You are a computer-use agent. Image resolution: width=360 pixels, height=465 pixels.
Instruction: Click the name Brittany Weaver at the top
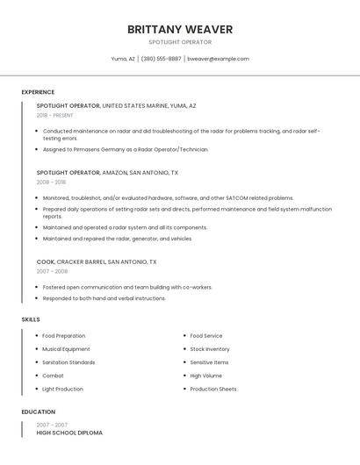(179, 29)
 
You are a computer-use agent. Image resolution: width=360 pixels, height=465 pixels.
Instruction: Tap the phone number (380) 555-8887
(161, 59)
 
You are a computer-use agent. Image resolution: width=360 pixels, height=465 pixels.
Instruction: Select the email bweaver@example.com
(218, 59)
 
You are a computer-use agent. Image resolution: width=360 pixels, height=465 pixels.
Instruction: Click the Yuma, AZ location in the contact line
(123, 59)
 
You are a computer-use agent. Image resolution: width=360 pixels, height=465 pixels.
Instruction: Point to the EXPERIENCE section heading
(38, 92)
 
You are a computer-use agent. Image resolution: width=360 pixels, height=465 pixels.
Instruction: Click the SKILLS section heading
(31, 319)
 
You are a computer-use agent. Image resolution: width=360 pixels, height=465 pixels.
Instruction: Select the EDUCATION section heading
(38, 411)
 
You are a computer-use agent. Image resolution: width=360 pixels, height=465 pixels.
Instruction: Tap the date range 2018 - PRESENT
(55, 115)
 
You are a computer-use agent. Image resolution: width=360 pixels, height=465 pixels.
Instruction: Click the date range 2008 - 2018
(51, 182)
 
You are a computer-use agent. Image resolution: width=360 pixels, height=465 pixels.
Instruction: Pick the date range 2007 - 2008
(52, 271)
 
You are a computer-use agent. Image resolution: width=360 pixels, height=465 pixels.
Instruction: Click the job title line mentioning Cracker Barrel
(97, 261)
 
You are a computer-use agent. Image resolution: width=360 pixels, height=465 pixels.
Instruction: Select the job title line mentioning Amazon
(107, 173)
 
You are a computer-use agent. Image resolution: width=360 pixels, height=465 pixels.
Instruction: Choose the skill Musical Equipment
(66, 349)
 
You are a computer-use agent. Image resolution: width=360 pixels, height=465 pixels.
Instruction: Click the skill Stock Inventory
(210, 349)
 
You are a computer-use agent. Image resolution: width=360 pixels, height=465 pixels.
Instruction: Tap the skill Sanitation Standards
(68, 362)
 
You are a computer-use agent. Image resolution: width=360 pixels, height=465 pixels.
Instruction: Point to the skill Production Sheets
(213, 389)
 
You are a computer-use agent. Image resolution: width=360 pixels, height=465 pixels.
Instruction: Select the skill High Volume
(206, 376)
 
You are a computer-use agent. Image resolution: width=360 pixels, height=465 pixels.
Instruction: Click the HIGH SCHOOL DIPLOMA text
(69, 433)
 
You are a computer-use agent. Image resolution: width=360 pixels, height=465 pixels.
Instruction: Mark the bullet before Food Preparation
(36, 336)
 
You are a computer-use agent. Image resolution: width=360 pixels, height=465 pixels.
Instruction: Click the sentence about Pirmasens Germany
(126, 149)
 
